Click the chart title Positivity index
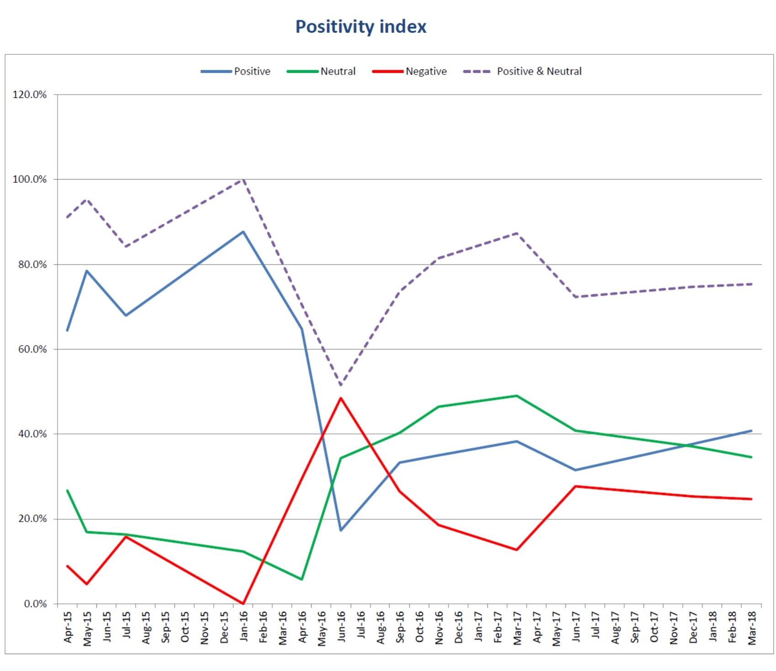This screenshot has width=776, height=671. (360, 26)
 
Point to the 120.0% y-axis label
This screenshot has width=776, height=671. (30, 95)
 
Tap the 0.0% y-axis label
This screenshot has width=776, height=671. (35, 603)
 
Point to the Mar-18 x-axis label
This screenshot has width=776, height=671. (752, 628)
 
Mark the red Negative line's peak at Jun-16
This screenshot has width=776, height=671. (341, 398)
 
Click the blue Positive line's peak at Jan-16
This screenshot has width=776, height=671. (243, 232)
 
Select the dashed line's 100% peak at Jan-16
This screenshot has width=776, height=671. (243, 180)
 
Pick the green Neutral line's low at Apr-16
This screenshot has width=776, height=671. (302, 579)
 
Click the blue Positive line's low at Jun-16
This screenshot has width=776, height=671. (341, 530)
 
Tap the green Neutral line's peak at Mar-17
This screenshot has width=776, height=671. (517, 396)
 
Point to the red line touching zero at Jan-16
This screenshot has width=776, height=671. (243, 603)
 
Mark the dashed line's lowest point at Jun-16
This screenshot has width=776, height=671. (341, 385)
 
